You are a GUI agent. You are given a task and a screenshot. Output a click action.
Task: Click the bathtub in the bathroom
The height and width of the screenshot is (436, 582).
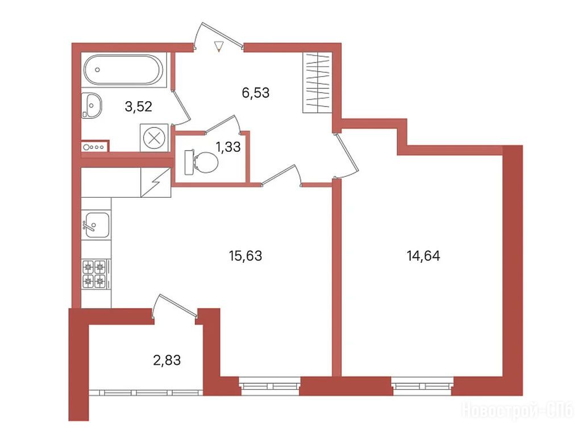pyautogui.click(x=123, y=70)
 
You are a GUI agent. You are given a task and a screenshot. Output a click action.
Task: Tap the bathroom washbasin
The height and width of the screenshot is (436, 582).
pyautogui.click(x=92, y=106)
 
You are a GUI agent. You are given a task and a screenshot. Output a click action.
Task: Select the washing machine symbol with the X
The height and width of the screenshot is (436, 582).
pyautogui.click(x=154, y=138)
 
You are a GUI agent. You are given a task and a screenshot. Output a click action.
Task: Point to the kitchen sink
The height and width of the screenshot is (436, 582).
pyautogui.click(x=96, y=225)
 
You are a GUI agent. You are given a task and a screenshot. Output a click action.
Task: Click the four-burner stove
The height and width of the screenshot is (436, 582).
pyautogui.click(x=95, y=275)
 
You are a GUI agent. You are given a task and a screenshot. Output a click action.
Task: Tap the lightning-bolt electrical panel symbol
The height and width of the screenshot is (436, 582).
pyautogui.click(x=156, y=182)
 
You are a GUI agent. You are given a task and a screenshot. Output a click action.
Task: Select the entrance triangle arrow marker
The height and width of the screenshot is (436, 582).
pyautogui.click(x=219, y=46)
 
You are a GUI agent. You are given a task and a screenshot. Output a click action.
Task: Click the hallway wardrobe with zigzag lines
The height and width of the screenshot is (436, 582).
pyautogui.click(x=317, y=82)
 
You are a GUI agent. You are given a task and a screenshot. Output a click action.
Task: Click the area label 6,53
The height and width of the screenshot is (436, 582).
pyautogui.click(x=256, y=93)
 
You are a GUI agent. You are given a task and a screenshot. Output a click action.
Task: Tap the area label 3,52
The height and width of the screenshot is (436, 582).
pyautogui.click(x=139, y=107)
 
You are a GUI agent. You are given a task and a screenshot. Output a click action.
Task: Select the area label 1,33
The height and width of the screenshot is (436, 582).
pyautogui.click(x=228, y=147)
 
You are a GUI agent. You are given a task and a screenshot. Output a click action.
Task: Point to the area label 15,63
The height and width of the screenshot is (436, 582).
pyautogui.click(x=246, y=256)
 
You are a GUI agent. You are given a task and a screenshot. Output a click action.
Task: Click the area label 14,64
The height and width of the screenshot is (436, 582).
pyautogui.click(x=423, y=256)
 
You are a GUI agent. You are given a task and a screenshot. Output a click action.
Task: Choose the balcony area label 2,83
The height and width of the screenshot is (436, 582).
pyautogui.click(x=167, y=360)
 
